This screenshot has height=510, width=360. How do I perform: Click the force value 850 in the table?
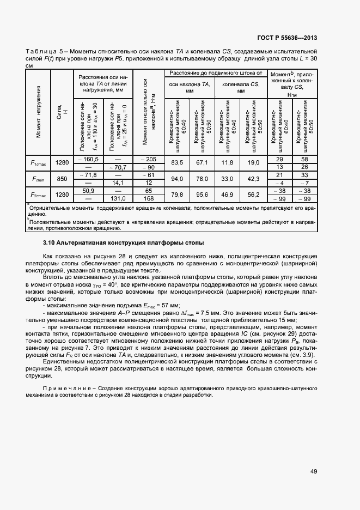tap(62, 179)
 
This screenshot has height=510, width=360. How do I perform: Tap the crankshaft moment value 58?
tap(304, 159)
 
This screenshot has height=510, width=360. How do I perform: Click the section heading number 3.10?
tap(50, 242)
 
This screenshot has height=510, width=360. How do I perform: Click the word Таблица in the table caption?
tap(39, 51)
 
